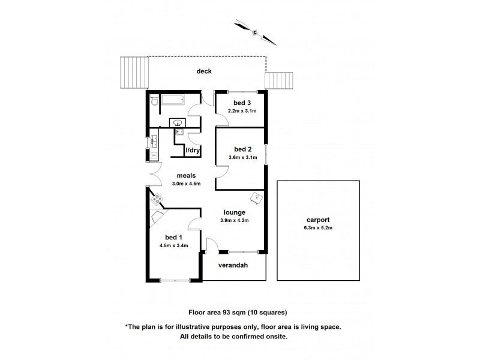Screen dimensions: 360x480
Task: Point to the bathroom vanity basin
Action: [179, 123]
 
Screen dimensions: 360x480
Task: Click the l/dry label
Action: [193, 150]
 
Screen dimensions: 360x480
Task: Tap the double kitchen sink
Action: [154, 142]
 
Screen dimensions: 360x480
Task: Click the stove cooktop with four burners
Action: [158, 199]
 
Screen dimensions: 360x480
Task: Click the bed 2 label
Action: [242, 149]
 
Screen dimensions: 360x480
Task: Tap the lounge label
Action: [234, 212]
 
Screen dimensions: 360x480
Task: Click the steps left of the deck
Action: [134, 72]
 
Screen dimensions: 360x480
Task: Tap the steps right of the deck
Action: [280, 80]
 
